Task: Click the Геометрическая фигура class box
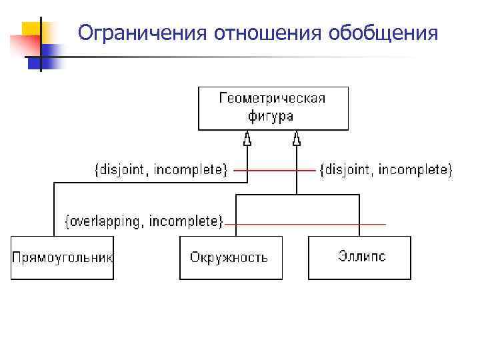coord(273,107)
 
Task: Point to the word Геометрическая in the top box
coord(273,99)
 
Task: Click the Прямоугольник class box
coord(62,257)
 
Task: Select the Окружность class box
coord(231,257)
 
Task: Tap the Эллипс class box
coord(360,257)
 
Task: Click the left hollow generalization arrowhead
coord(247,139)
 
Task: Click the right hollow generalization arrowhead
coord(297,139)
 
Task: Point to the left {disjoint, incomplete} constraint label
coord(160,171)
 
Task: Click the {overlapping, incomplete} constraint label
coord(143,221)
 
